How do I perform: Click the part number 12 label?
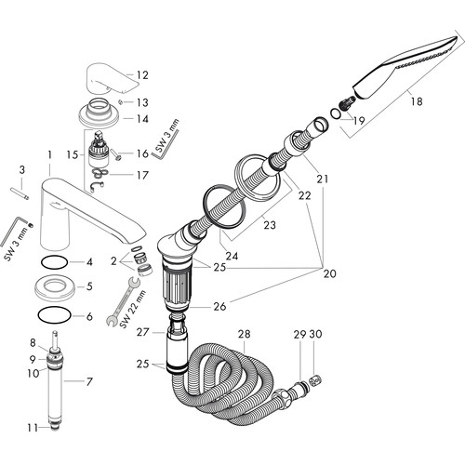click(142, 75)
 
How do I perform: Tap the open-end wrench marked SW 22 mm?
click(123, 301)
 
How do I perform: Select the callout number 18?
click(417, 101)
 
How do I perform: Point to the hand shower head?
click(405, 68)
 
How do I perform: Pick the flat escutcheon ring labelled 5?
click(54, 286)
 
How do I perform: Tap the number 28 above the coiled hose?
click(244, 334)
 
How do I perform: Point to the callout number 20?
click(329, 273)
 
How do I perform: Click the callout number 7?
click(89, 381)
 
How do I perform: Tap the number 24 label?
click(232, 256)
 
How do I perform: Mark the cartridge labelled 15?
click(99, 150)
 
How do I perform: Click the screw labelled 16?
click(115, 154)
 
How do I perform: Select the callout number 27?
click(142, 332)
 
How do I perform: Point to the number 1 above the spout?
click(50, 154)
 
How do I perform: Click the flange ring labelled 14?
click(99, 113)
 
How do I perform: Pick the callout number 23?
click(270, 225)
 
